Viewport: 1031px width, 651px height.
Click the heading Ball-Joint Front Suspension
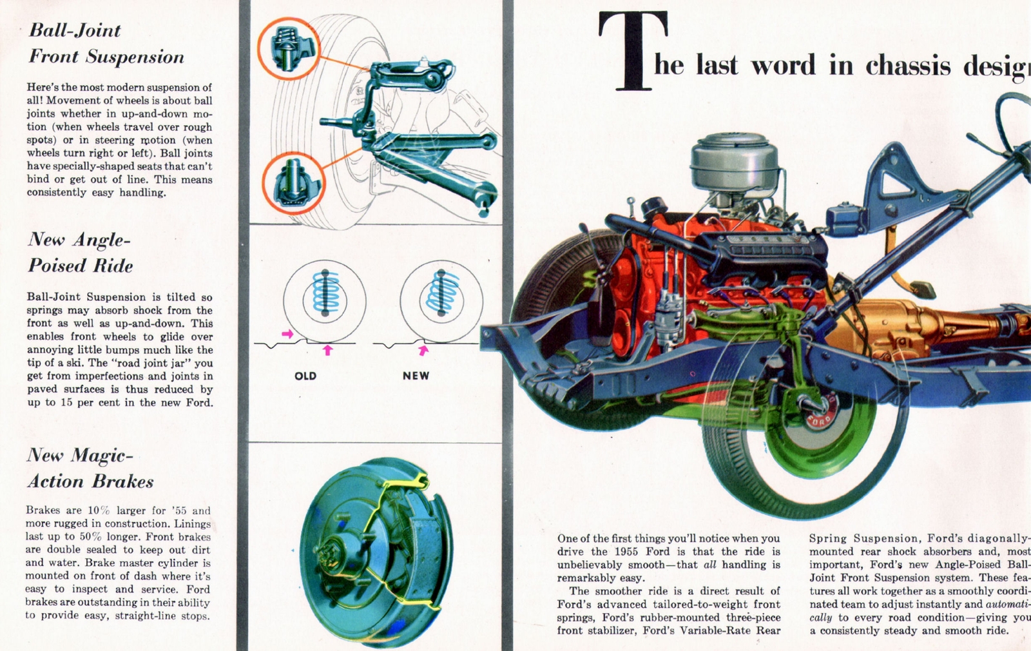[106, 43]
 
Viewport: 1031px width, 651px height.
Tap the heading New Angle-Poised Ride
[80, 253]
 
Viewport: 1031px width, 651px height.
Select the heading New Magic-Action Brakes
[90, 469]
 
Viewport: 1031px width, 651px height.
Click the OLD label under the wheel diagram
[305, 376]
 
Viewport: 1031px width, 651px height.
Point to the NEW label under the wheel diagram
[416, 376]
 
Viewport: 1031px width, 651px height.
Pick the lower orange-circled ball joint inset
[293, 183]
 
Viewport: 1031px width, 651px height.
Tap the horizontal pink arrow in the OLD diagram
[287, 334]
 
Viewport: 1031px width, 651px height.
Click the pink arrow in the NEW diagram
[423, 350]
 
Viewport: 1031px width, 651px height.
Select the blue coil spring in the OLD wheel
[325, 293]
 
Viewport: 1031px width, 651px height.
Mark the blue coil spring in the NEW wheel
[441, 293]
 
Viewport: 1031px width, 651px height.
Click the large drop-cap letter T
[633, 52]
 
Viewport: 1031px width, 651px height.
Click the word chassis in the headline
[908, 66]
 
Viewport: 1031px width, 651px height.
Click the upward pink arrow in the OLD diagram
[327, 350]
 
